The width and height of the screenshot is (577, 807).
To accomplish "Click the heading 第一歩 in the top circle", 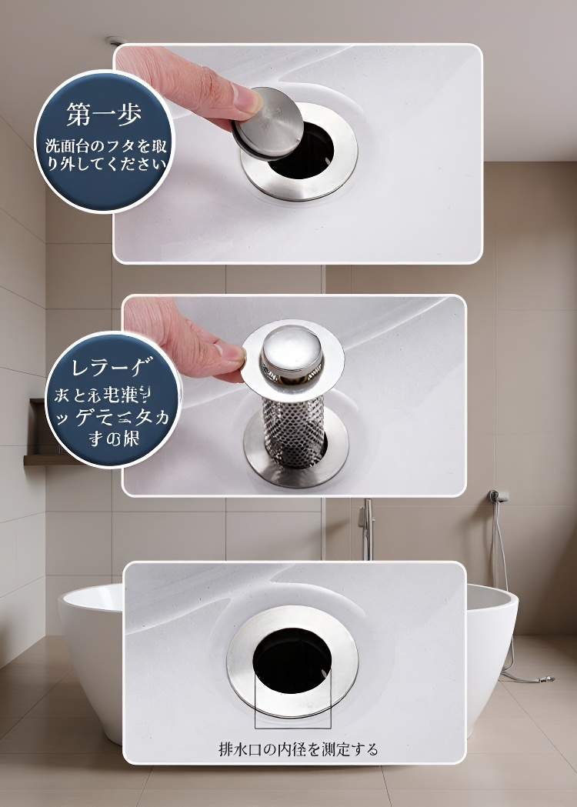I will tap(104, 115).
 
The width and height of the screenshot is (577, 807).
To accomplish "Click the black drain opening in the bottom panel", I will tap(292, 662).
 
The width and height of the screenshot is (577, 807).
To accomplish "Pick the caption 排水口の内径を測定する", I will tap(298, 749).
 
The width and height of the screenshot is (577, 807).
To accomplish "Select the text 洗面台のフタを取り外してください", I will tap(105, 154).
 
